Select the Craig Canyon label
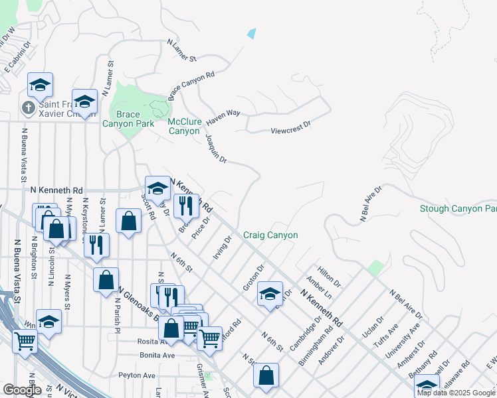(270, 235)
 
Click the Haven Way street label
(223, 118)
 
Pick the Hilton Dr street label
(329, 275)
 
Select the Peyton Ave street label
(136, 375)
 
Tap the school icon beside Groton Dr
(270, 294)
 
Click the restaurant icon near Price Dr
(185, 206)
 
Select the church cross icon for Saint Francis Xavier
(28, 107)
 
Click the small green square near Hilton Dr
(376, 269)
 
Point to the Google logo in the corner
(22, 390)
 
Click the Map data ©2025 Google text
(456, 393)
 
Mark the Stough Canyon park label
(458, 209)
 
